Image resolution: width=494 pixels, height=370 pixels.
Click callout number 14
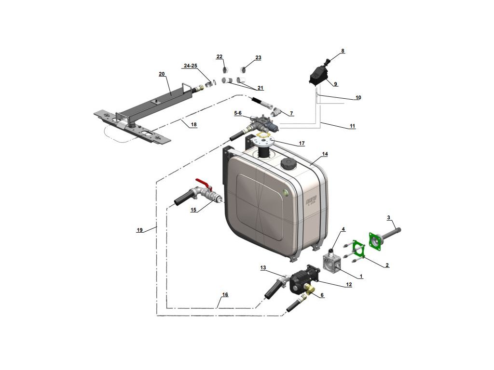(325, 154)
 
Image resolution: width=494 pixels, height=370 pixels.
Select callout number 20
(162, 74)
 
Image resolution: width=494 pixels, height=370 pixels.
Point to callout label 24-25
(191, 66)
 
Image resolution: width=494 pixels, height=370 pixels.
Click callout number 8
(343, 51)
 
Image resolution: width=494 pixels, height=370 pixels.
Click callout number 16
(225, 294)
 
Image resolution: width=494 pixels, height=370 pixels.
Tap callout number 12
(348, 285)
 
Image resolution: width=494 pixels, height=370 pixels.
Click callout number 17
(302, 144)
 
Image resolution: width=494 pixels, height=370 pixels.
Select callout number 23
(258, 58)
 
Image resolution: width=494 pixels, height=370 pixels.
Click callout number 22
(220, 57)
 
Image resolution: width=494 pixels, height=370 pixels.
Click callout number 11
(352, 126)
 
